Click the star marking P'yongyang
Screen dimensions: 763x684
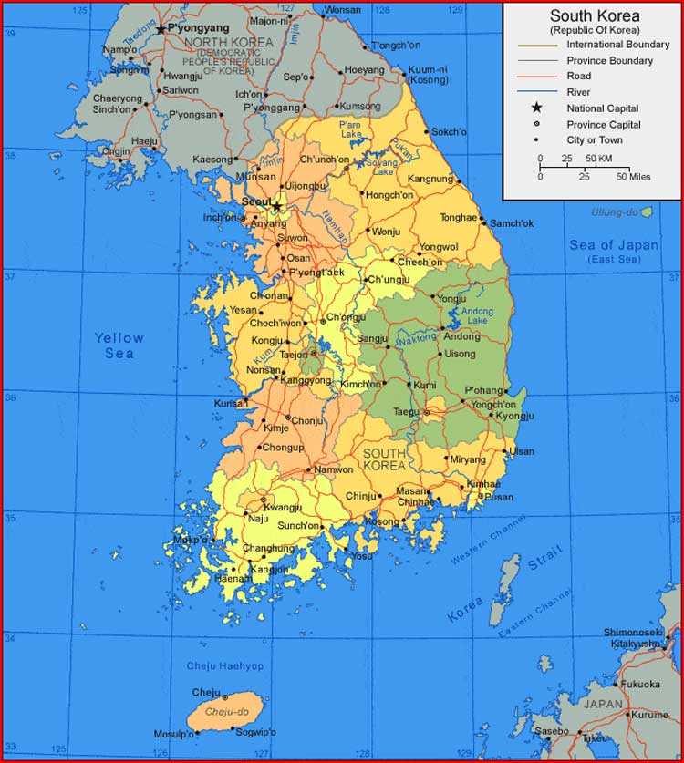[161, 29]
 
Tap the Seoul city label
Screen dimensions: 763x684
[256, 201]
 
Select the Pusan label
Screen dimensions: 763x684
[499, 497]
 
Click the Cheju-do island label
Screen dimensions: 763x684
[227, 712]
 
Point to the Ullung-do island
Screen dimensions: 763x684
[647, 212]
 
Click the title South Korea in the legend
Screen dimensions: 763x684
[594, 16]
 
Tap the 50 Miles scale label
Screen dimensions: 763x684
[634, 177]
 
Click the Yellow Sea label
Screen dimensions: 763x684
[119, 345]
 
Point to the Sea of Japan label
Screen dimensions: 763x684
[614, 245]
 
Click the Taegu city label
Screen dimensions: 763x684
[407, 411]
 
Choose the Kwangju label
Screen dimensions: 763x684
[283, 507]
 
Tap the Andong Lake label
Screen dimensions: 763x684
[477, 315]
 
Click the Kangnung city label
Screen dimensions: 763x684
[430, 179]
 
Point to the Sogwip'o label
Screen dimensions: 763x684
[255, 732]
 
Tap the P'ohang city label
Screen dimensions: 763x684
[483, 390]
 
